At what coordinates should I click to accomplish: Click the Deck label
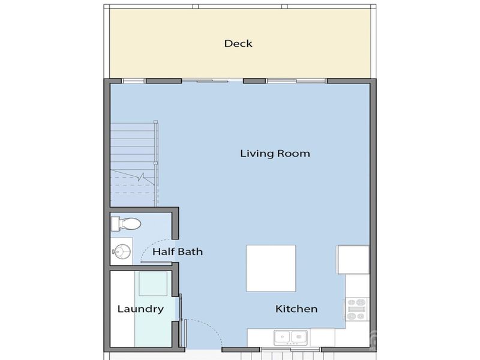pos(238,43)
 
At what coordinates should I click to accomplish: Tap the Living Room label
pos(275,154)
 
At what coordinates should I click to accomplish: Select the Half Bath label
pos(177,252)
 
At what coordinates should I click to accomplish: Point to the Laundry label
pos(140,310)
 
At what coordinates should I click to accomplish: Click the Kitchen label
pos(296,310)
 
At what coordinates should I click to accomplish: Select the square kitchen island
pos(271,268)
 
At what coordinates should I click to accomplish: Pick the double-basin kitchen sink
pos(290,337)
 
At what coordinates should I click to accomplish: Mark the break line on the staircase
pos(142,178)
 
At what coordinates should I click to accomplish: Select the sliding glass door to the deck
pos(205,80)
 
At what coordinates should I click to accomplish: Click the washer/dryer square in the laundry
pos(152,283)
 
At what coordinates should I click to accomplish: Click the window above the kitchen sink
pos(290,349)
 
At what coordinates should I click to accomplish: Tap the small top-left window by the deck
pos(133,80)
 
